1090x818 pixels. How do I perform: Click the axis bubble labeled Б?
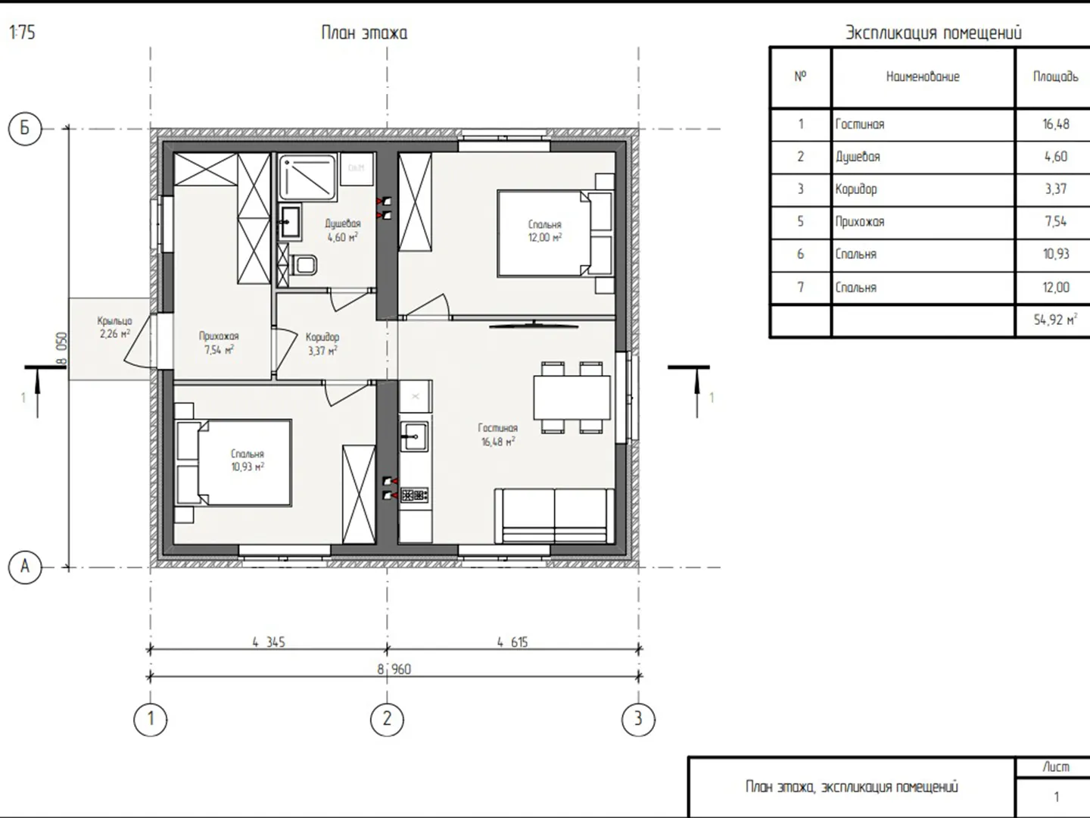click(25, 129)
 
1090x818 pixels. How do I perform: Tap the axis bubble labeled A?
click(25, 567)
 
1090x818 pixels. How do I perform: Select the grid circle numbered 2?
click(387, 720)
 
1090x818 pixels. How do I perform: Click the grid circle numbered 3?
click(638, 720)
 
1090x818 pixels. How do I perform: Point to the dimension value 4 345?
click(269, 642)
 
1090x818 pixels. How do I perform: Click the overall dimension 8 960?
click(394, 669)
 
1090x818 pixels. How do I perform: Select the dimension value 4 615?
click(512, 642)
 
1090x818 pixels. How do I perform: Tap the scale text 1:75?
click(23, 33)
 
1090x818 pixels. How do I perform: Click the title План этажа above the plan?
click(364, 33)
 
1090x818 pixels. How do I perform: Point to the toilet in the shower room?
click(304, 265)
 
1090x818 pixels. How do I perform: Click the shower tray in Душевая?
click(307, 177)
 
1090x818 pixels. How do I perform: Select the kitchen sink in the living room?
click(413, 436)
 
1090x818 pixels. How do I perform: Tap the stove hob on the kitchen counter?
click(415, 495)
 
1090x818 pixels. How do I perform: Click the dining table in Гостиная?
click(572, 398)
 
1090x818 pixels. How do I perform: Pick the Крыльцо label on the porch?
click(115, 321)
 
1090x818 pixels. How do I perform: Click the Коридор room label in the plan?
click(322, 337)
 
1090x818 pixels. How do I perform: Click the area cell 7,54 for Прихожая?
click(1056, 221)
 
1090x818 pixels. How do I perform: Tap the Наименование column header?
click(923, 76)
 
